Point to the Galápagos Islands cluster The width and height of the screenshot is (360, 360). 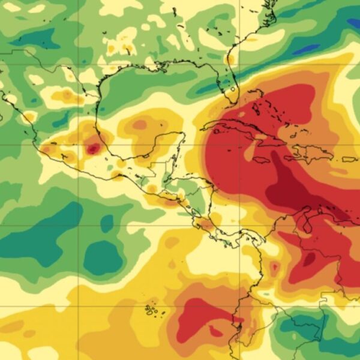(x=151, y=310)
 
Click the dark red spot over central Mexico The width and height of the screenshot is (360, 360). (x=93, y=148)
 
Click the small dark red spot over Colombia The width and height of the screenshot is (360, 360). (x=275, y=266)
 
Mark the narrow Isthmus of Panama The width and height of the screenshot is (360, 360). (x=240, y=234)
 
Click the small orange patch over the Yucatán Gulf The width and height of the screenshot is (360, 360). (x=140, y=125)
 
